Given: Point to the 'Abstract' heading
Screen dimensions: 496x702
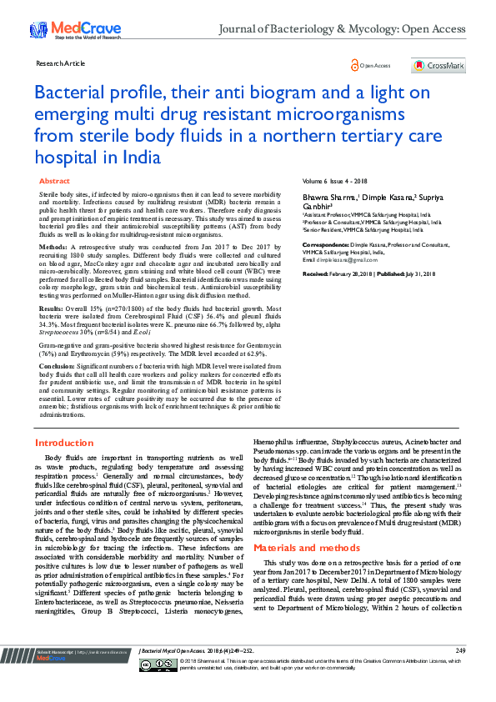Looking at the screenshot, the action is [54, 181].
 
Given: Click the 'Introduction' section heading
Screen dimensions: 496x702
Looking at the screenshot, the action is [64, 443].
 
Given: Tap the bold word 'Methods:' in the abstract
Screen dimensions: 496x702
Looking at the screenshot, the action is [54, 248].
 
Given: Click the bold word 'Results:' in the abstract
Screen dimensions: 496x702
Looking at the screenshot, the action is [53, 308].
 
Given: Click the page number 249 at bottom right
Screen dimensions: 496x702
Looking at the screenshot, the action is [460, 673].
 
